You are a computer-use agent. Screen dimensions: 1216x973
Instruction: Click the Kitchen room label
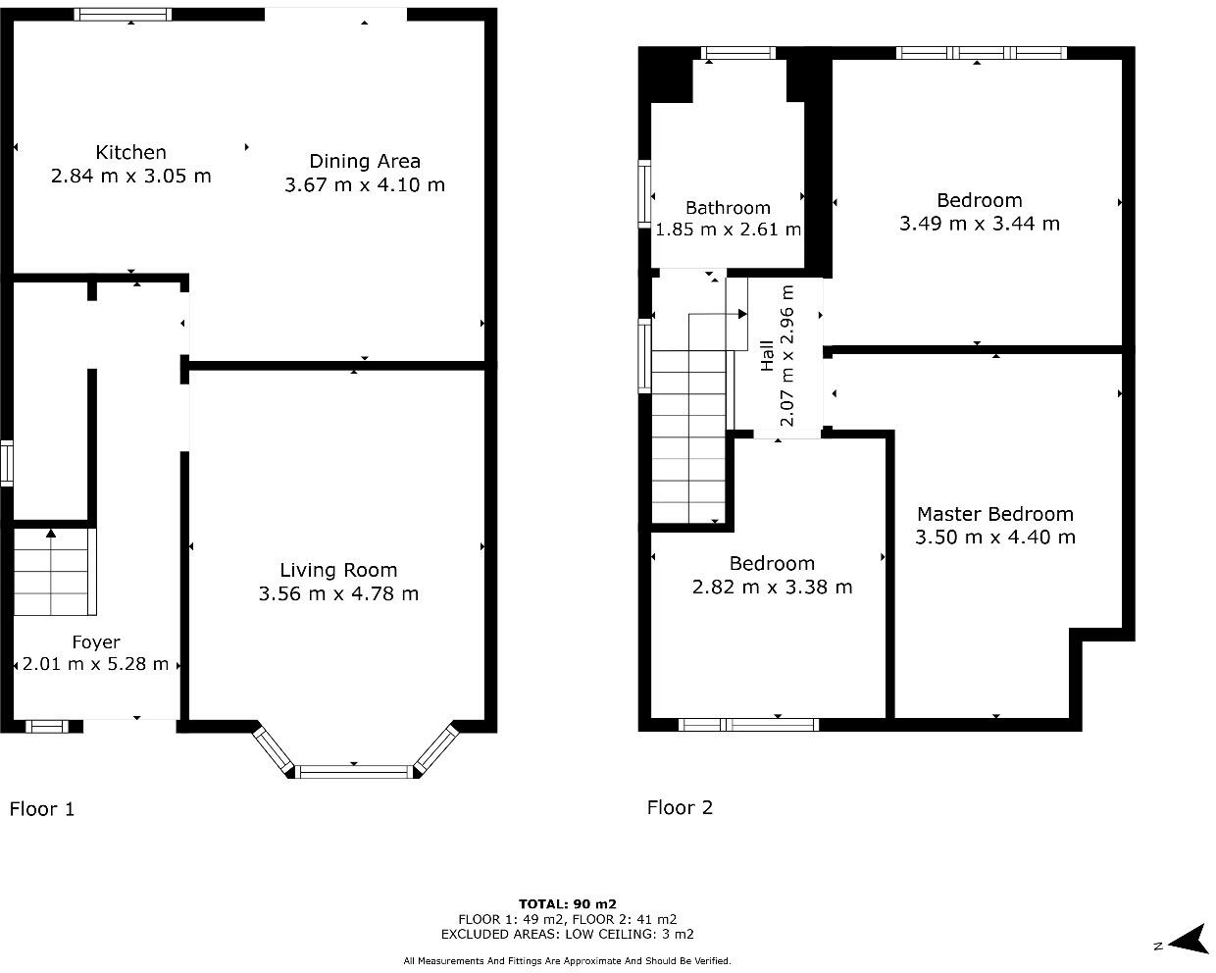coord(130,153)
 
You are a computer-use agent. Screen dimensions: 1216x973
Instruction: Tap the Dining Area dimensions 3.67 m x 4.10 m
coord(365,184)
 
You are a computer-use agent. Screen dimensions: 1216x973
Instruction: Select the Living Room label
coord(338,570)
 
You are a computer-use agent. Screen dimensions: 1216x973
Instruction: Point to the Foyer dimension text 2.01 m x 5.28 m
coord(95,664)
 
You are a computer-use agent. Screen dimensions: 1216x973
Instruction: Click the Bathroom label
coord(728,208)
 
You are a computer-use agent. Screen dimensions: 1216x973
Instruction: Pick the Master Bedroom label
coord(995,514)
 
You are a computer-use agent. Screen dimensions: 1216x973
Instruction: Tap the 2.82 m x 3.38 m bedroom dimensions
coord(772,587)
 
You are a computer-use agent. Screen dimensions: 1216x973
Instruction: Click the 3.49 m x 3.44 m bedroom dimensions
coord(980,224)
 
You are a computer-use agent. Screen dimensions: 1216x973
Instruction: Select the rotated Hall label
coord(767,356)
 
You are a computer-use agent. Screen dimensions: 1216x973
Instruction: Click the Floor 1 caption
coord(42,809)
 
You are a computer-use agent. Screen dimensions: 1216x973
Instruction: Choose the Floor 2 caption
coord(680,807)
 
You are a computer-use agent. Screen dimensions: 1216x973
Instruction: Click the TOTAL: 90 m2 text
coord(568,904)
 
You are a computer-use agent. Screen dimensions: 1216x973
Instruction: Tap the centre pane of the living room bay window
coord(354,771)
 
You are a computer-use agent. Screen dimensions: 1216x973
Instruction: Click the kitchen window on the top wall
coord(123,14)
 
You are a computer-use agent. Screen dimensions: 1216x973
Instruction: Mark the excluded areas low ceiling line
coord(568,934)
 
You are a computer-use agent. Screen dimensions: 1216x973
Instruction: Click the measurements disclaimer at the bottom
coord(568,960)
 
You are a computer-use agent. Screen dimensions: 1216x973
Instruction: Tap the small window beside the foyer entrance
coord(47,726)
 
